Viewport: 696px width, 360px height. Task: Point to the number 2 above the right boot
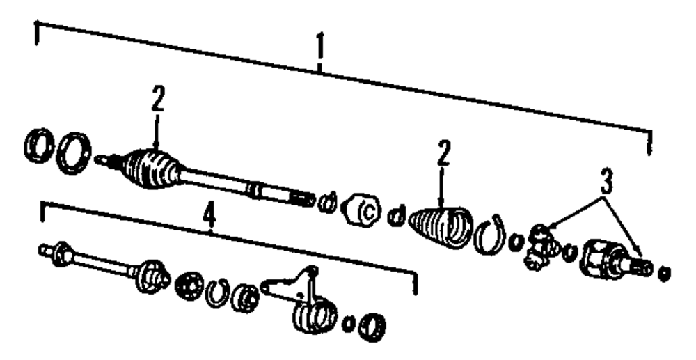(x=443, y=154)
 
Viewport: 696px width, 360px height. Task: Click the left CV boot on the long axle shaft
(x=152, y=169)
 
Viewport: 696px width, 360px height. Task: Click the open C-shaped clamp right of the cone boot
(x=491, y=235)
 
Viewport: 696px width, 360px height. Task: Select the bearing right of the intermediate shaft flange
(x=188, y=285)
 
